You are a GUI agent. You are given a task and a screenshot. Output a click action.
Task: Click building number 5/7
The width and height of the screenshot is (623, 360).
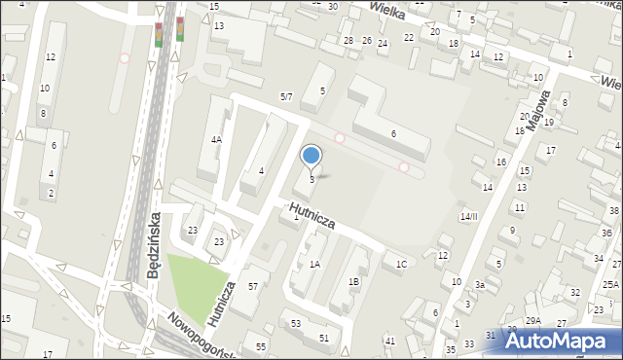click(286, 96)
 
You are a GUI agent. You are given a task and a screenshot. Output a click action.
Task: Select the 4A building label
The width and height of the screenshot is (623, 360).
click(216, 139)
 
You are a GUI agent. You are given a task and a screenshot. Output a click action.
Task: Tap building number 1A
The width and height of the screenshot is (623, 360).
click(314, 264)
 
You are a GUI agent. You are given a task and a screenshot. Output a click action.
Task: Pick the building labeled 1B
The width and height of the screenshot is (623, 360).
click(354, 281)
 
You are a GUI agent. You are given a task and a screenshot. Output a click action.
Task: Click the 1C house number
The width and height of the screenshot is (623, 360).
click(401, 264)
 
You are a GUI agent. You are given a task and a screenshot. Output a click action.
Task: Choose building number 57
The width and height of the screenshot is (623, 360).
click(253, 286)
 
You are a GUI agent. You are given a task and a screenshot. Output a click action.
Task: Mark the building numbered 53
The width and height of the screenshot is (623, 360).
click(295, 322)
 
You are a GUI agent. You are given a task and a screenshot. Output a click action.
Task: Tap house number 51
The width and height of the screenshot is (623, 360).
click(324, 337)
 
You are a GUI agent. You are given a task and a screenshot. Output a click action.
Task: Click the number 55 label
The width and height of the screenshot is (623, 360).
click(260, 346)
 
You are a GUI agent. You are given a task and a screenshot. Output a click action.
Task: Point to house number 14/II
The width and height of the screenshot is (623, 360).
click(469, 216)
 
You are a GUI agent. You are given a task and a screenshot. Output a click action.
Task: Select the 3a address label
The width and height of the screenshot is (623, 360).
click(479, 284)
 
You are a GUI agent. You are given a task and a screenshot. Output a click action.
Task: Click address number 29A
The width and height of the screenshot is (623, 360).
click(533, 320)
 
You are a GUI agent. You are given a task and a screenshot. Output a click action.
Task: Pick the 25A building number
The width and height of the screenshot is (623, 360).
click(609, 283)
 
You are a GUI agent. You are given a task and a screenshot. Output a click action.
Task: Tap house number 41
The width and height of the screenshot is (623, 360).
click(389, 341)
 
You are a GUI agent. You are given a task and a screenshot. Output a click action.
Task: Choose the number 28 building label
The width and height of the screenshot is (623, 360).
click(348, 40)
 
